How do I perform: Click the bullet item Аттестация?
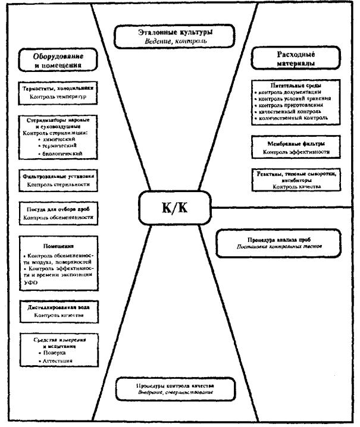tap(54, 362)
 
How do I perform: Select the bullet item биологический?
tap(60, 153)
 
